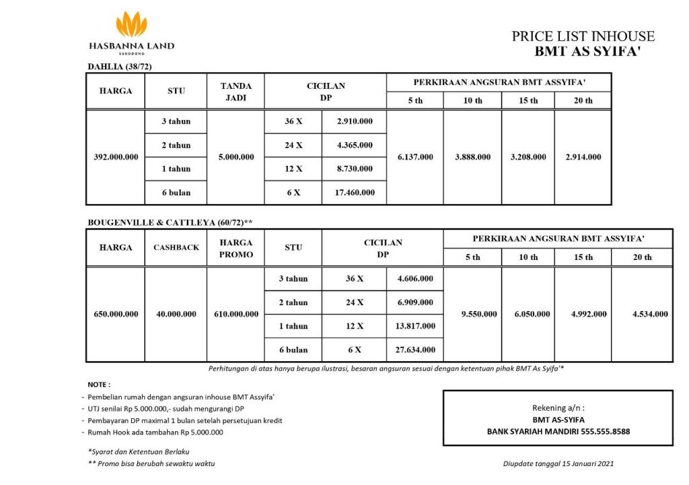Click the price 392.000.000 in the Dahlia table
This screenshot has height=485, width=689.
[x=116, y=157]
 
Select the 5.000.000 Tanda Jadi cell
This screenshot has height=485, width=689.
[x=236, y=157]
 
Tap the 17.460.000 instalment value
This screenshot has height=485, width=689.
[x=354, y=193]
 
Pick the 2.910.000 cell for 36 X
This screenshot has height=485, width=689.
[x=354, y=121]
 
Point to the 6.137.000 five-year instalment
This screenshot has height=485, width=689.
[x=415, y=157]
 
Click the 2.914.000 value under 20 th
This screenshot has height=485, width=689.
[x=583, y=157]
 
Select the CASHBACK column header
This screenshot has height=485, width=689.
[x=176, y=247]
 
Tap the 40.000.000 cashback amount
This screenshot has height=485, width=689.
[x=176, y=314]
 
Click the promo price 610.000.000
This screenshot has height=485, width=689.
[x=236, y=314]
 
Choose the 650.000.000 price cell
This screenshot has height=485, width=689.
[x=116, y=314]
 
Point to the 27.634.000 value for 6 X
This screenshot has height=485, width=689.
[x=415, y=350]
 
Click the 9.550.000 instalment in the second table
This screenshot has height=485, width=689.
[x=478, y=314]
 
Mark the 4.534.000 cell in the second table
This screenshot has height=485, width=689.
[x=650, y=314]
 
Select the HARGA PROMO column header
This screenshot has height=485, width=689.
[x=236, y=248]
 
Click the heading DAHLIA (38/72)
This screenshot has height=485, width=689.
[x=122, y=66]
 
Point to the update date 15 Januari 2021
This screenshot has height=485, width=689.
[x=582, y=463]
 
